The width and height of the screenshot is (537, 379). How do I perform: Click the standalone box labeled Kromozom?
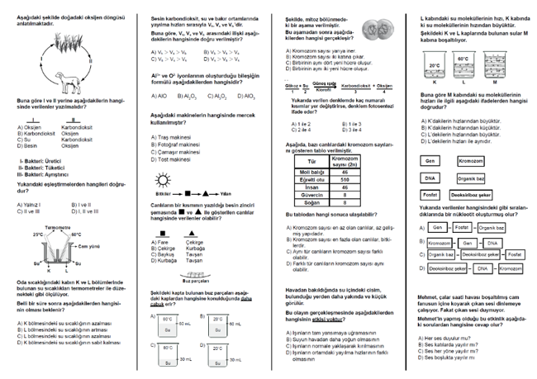(x=470, y=160)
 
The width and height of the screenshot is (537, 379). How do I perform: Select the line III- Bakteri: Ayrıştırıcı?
(x=45, y=174)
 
